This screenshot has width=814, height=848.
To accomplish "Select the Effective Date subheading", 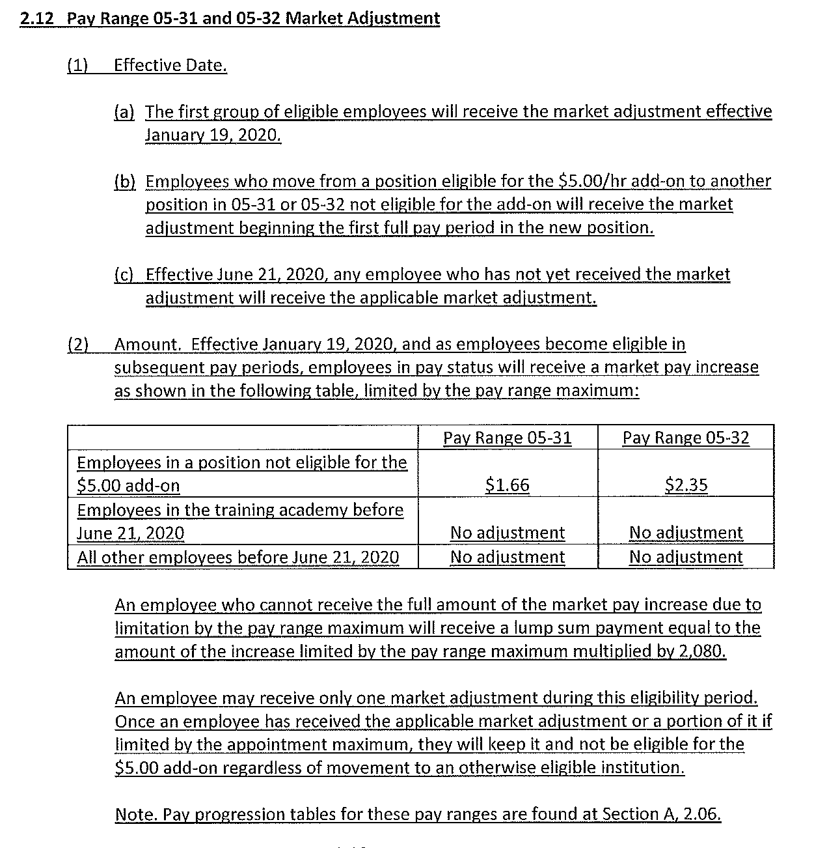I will click(170, 65).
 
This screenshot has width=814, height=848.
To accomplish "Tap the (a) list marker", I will click(124, 111).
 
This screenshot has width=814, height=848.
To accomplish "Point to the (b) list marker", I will click(124, 181).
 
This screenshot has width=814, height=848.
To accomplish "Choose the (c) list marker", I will click(124, 274).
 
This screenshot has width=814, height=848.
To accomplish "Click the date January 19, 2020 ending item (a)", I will click(213, 135).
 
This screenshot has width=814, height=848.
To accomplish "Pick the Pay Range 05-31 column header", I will click(508, 438).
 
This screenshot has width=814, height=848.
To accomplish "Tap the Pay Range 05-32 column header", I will click(686, 438).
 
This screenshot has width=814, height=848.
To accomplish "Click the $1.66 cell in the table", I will click(508, 485).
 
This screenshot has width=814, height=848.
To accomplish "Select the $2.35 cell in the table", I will click(686, 485).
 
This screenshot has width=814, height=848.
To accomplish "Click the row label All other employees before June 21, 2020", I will click(237, 558).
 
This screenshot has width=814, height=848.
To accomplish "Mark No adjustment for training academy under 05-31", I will click(508, 533).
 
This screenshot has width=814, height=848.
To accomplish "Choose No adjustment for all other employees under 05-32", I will click(686, 558).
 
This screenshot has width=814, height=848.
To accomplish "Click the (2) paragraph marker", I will click(78, 344).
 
